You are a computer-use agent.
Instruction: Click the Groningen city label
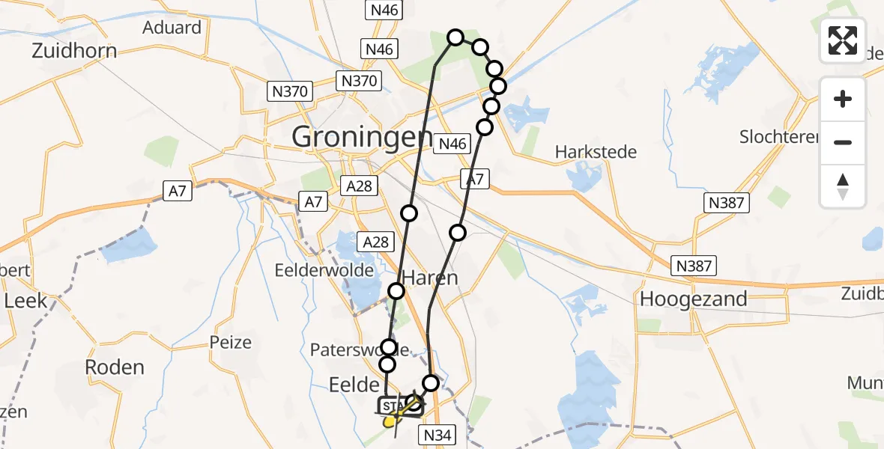click(361, 138)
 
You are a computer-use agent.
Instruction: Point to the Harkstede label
click(596, 152)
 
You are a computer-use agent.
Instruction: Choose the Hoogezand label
click(693, 299)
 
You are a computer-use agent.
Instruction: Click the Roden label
click(115, 367)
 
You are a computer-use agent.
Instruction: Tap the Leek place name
click(25, 301)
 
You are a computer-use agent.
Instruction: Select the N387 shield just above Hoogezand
click(693, 265)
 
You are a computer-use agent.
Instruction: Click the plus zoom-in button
click(843, 99)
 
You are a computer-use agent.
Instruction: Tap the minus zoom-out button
click(843, 142)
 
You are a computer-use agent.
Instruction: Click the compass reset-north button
click(843, 186)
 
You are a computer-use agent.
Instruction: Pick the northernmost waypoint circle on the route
click(455, 37)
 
